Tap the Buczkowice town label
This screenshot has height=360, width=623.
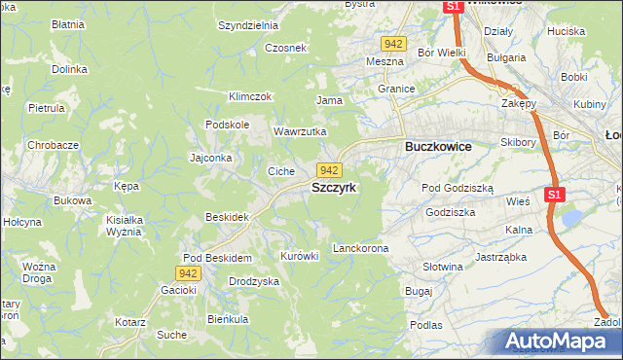(437, 146)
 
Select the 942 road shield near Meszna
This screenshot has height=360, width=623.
(393, 44)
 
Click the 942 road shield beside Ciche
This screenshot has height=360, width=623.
(329, 170)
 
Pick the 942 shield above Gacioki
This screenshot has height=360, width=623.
(189, 274)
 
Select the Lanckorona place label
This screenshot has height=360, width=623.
(360, 248)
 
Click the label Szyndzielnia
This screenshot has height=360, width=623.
(248, 26)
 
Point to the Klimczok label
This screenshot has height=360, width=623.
(249, 96)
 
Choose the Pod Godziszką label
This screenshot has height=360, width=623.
(458, 188)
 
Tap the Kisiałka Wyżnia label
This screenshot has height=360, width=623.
(124, 226)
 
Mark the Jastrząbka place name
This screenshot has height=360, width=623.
(500, 258)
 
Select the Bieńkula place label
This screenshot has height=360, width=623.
(228, 318)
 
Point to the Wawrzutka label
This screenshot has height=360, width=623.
(299, 131)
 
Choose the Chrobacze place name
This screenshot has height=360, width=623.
(53, 145)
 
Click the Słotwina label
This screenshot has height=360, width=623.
(442, 266)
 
